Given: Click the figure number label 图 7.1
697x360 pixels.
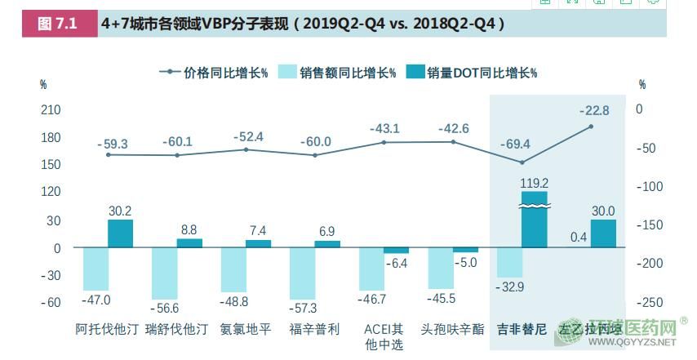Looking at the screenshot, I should [x=56, y=24].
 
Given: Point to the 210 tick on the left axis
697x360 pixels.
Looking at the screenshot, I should [x=51, y=109].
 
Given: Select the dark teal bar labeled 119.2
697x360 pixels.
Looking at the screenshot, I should [x=534, y=219].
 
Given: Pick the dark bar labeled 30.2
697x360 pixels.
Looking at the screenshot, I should [x=120, y=233].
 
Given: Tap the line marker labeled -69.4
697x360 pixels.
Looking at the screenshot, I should [x=522, y=162].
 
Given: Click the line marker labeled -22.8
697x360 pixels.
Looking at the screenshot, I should [x=591, y=127].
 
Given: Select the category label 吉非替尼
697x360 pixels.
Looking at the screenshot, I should [x=522, y=330].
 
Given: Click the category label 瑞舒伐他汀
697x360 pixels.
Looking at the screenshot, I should [x=176, y=330].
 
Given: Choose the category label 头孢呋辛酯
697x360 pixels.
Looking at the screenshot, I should [x=452, y=330].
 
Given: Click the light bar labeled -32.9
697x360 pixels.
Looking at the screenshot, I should [x=509, y=262].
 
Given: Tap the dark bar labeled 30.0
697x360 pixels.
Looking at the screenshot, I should [x=603, y=233].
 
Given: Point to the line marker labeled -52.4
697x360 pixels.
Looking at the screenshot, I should [x=246, y=149].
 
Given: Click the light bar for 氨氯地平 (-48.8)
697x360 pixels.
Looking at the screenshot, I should [x=233, y=269].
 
